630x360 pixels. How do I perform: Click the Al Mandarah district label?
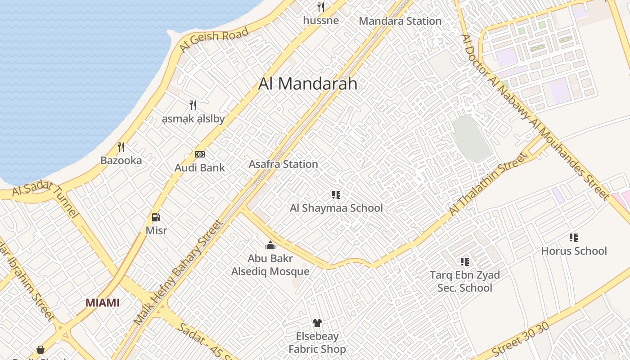coord(308,84)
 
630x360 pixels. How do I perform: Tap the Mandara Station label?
coord(400,21)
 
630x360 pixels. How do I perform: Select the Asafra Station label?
coord(283,164)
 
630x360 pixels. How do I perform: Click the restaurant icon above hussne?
coord(321,7)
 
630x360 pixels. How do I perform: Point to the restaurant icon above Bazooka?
coord(121,147)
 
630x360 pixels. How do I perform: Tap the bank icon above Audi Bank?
coord(200,154)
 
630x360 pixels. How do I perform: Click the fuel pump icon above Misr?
coord(156,218)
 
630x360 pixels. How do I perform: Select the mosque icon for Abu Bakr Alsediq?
coord(270,245)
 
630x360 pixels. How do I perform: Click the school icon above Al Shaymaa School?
coord(336,195)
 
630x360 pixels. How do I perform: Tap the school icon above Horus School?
coord(574,238)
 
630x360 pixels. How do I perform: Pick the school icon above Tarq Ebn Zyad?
coord(465,262)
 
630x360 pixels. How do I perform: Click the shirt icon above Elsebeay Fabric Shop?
coord(317,323)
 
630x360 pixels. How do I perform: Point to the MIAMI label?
coord(103,303)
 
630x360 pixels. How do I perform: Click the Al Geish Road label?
coord(214,40)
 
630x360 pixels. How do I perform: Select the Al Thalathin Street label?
coord(487,184)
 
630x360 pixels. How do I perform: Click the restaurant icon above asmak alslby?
coord(193,105)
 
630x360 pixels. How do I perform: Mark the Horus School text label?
coord(574,251)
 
